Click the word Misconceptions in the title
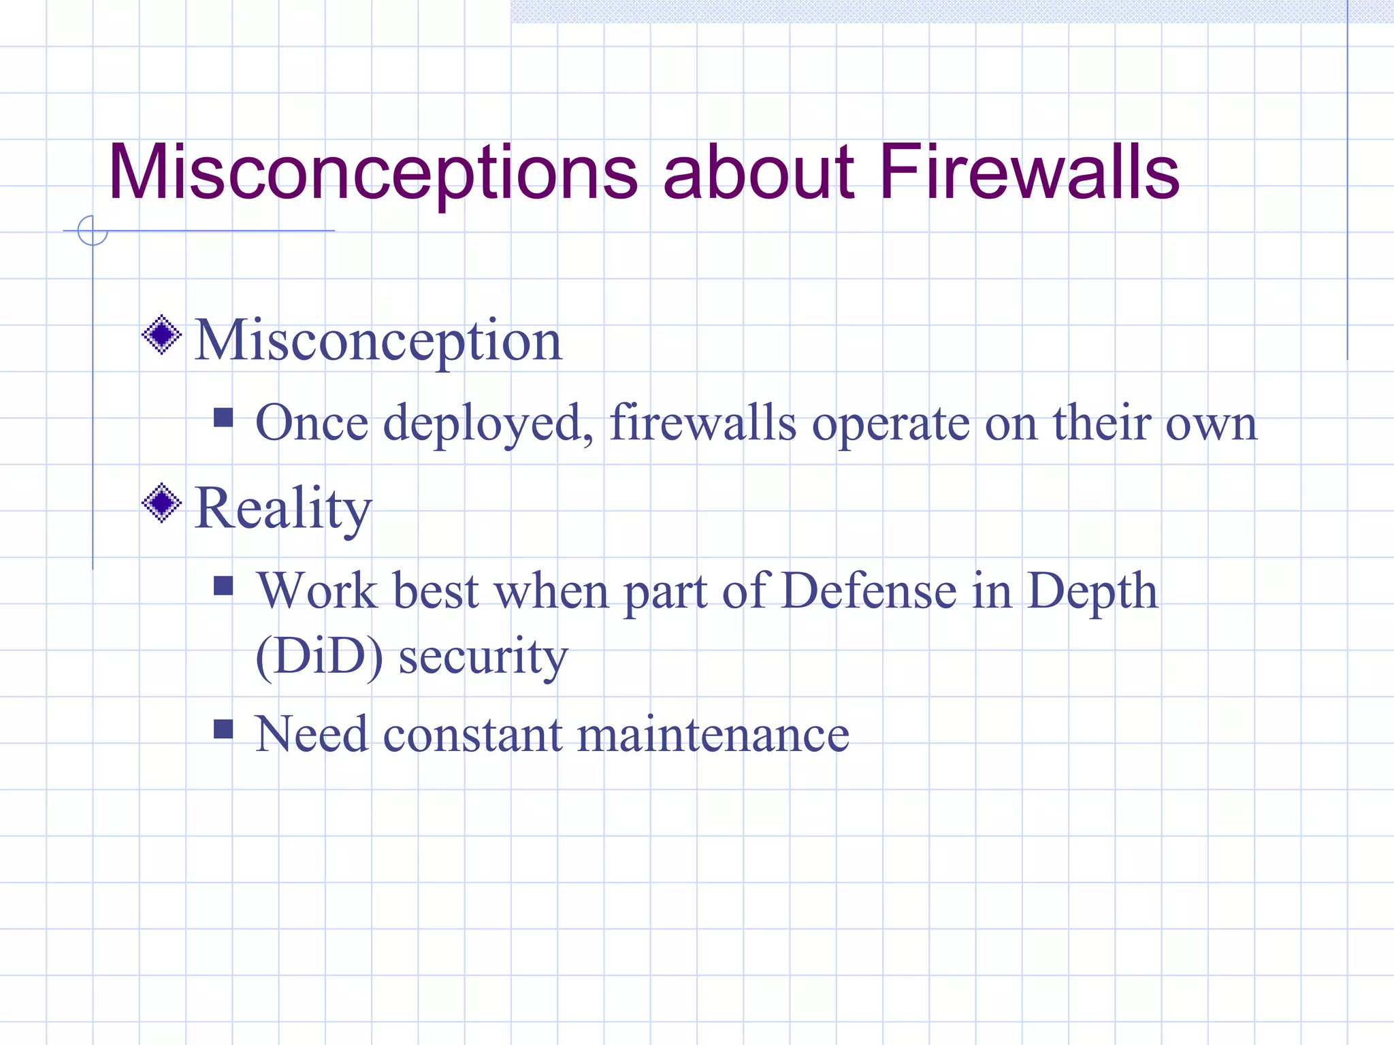(372, 174)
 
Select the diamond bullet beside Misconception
(162, 335)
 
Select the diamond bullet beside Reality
(162, 503)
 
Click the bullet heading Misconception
(378, 341)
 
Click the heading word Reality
(283, 509)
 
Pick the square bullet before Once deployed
(223, 417)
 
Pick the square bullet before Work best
(223, 586)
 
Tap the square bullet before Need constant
(223, 729)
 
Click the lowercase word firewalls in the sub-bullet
(702, 423)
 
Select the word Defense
(869, 591)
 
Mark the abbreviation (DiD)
(319, 657)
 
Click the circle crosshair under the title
(93, 231)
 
